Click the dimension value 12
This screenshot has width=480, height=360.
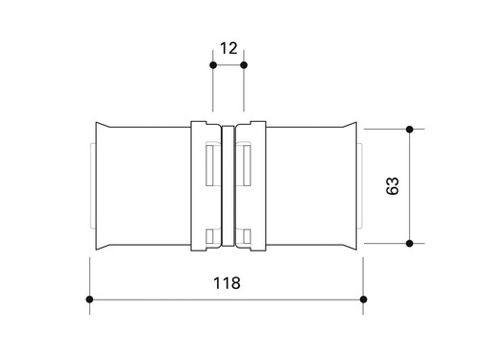coord(228,48)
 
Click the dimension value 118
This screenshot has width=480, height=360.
coord(227,283)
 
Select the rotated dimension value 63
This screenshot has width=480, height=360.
coord(393,185)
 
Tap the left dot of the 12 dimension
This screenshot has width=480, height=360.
coord(213,65)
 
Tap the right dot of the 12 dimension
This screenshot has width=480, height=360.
coord(244,65)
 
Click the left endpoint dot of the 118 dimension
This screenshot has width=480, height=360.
coord(89,300)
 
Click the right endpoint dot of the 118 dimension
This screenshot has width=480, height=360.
coord(363,300)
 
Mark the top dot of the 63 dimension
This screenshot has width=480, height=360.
coord(409,130)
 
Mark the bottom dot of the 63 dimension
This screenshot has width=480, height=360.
coord(409,244)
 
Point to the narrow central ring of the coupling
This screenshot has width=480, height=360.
coord(228,186)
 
